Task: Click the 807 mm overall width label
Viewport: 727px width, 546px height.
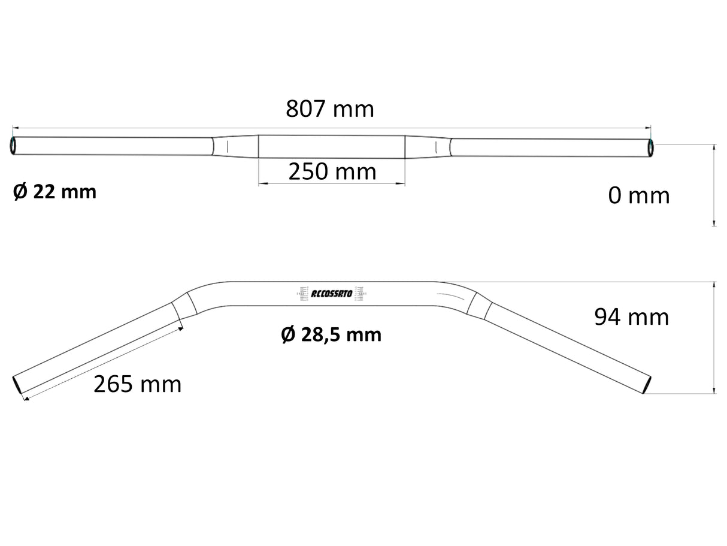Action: point(329,109)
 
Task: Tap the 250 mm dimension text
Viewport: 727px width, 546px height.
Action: point(332,172)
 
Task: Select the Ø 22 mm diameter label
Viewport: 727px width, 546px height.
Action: point(54,192)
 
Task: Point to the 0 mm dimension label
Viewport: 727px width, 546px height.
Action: point(638,195)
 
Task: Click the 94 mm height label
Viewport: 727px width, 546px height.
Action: point(631,317)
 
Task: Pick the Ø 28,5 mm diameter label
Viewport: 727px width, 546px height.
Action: point(331,334)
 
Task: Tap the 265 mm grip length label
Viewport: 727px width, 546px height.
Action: point(137,384)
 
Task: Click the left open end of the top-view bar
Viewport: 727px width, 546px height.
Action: point(14,146)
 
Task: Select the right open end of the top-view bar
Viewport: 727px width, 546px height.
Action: point(650,147)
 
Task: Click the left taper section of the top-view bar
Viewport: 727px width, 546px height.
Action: point(235,146)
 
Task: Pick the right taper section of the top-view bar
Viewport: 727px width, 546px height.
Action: point(428,147)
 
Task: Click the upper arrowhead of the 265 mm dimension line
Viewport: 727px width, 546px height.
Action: point(180,328)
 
